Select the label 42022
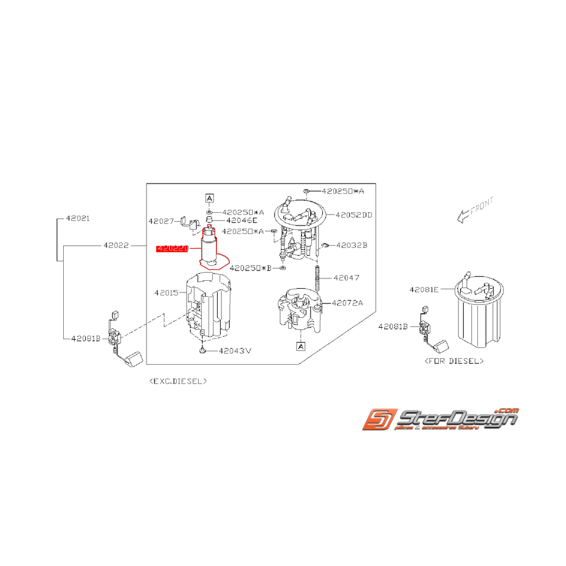pyautogui.click(x=116, y=245)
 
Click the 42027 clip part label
pyautogui.click(x=161, y=221)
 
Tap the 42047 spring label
pyautogui.click(x=346, y=278)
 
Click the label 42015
pyautogui.click(x=166, y=292)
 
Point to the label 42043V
pyautogui.click(x=235, y=351)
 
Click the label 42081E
pyautogui.click(x=424, y=290)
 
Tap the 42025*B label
pyautogui.click(x=250, y=267)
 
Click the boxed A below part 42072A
pyautogui.click(x=300, y=346)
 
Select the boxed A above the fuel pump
pyautogui.click(x=209, y=198)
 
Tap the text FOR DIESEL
pyautogui.click(x=453, y=361)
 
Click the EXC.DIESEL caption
pyautogui.click(x=178, y=381)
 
